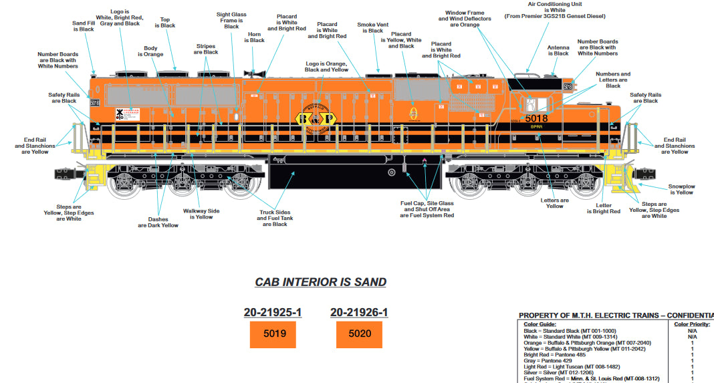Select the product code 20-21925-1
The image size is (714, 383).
coord(273,312)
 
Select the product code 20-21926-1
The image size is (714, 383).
coord(358,312)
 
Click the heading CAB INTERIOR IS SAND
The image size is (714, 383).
coord(320,282)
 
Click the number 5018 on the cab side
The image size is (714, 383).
coord(536,118)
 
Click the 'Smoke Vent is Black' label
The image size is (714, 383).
coord(372,27)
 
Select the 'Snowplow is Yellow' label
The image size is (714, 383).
coord(681,189)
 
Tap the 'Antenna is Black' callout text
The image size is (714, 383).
coord(558,50)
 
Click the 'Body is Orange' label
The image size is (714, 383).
coord(154,51)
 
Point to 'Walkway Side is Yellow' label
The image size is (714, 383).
coord(201,214)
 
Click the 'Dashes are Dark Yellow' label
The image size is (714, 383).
coord(158,222)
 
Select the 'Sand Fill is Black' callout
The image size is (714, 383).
coord(83,26)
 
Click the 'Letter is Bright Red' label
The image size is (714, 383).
coord(603,209)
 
